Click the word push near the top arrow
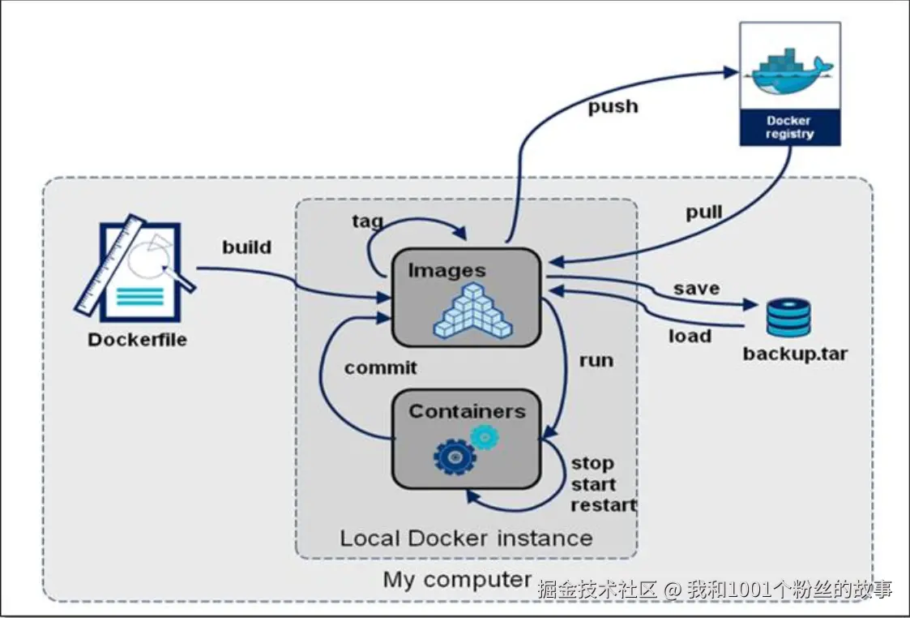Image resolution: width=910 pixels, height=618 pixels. point(613,106)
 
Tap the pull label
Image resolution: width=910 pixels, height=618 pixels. point(703,212)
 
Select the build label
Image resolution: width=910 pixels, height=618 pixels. point(247,247)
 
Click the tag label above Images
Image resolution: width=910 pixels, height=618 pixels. point(367,221)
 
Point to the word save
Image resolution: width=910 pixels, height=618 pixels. point(696,288)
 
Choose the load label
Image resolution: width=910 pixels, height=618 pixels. point(690,336)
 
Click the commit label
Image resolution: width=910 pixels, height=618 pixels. point(380,367)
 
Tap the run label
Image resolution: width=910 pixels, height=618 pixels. point(596,359)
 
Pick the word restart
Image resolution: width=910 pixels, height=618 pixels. point(604,505)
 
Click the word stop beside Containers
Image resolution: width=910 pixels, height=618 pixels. point(592,464)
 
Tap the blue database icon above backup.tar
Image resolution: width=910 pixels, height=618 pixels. point(788,317)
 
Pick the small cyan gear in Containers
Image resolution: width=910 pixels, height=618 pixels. point(485,437)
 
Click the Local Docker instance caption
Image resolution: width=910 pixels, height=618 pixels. point(466,538)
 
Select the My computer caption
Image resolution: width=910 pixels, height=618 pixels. point(457,580)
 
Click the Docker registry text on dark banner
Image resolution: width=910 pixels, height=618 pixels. point(789,127)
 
